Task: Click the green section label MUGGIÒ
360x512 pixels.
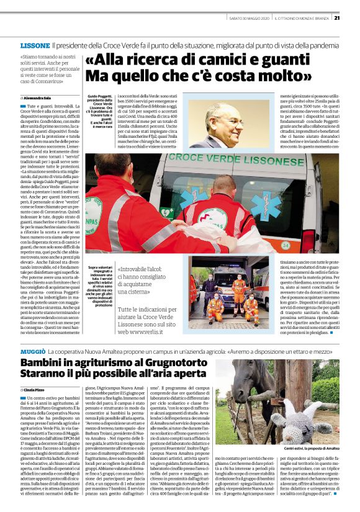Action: pyautogui.click(x=32, y=352)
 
